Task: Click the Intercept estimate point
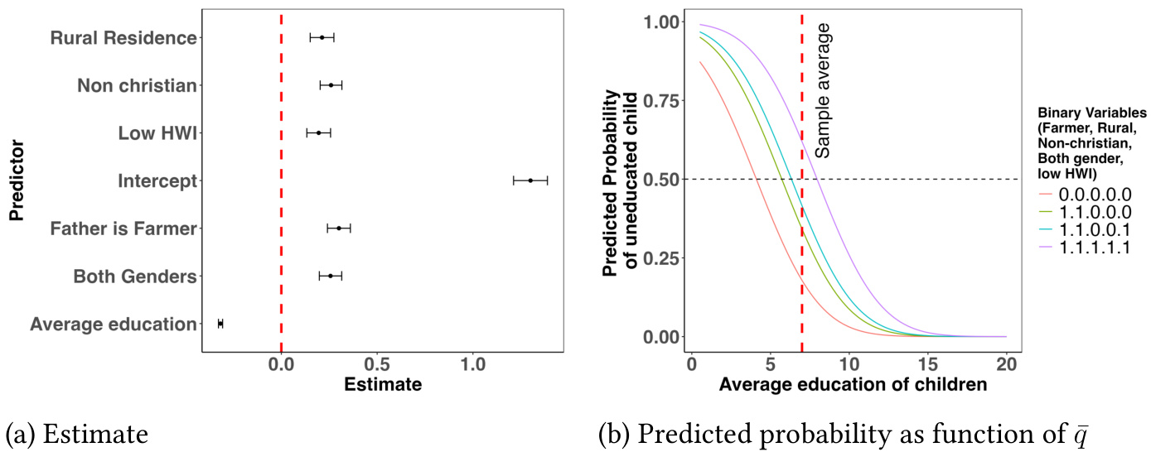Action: (x=530, y=180)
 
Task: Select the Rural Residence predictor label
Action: (x=123, y=38)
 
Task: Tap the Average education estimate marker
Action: (x=220, y=323)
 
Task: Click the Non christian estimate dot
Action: (x=331, y=85)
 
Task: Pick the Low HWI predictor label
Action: (x=157, y=133)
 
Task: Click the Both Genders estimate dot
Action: (x=330, y=276)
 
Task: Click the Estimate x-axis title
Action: (x=382, y=385)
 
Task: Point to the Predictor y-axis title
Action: (x=16, y=180)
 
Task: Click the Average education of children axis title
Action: (x=853, y=385)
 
